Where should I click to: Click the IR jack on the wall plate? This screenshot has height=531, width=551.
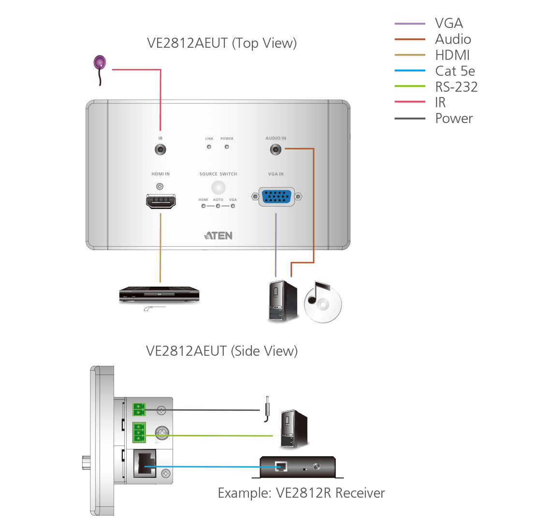(160, 150)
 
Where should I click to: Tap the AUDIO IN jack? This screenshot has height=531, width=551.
(275, 150)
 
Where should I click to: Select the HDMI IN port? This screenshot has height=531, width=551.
(161, 201)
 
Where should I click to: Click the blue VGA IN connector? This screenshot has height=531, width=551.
(276, 197)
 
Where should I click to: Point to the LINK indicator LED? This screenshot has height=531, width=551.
(209, 147)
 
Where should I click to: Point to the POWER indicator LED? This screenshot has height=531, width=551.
(227, 147)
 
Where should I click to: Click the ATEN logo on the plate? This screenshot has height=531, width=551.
(218, 236)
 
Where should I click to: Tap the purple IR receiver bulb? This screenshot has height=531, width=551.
(100, 62)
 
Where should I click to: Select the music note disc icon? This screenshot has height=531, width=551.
(322, 302)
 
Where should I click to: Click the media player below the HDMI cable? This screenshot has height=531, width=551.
(160, 295)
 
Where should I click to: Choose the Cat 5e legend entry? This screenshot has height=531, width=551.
(455, 71)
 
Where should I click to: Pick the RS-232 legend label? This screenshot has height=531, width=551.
(456, 87)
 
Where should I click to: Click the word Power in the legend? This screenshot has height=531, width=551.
(454, 118)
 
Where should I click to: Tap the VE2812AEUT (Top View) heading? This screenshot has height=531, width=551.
(222, 43)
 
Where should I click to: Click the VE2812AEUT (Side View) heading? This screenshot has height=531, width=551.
(222, 351)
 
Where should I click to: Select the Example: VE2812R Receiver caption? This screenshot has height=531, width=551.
(301, 493)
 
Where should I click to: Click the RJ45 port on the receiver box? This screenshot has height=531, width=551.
(280, 467)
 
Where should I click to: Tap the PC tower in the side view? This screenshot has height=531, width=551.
(293, 430)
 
